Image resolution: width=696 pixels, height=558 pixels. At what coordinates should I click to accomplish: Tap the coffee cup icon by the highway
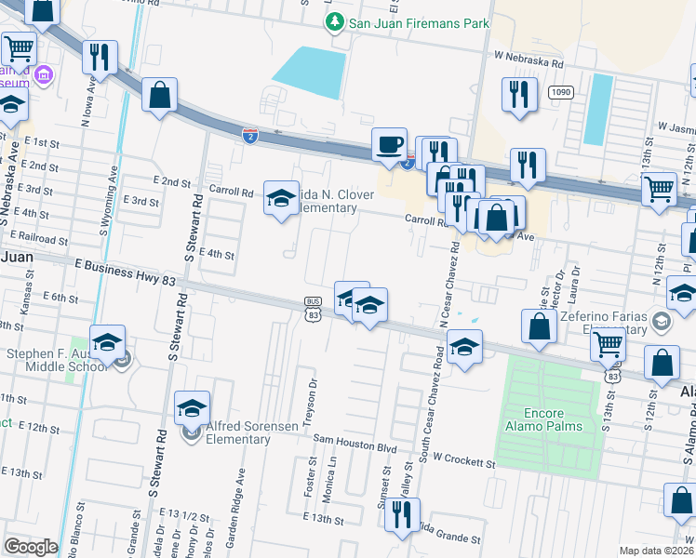coord(389,144)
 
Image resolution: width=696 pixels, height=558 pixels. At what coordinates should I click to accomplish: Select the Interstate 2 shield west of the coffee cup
coord(249,136)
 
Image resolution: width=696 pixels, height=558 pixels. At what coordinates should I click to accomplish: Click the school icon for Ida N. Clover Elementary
coord(281,198)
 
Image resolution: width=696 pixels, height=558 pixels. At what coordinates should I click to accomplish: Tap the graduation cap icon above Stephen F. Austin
coord(107,341)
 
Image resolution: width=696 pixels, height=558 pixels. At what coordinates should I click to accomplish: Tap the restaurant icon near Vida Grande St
coord(402,514)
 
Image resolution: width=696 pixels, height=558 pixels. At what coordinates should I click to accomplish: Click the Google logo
coord(31,547)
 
